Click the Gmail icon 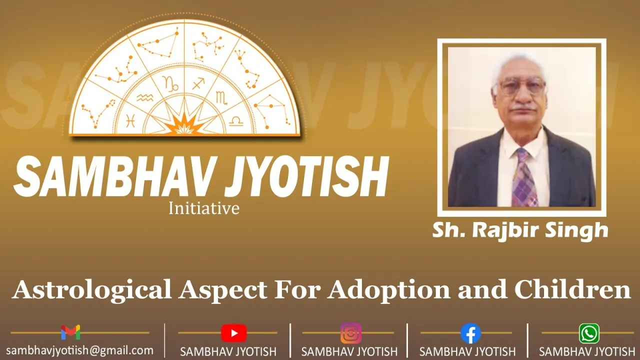70,332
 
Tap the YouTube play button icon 233,333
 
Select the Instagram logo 351,333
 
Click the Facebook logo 470,333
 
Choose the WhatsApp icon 589,333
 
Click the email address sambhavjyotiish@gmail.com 79,350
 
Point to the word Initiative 203,208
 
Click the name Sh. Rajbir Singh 520,230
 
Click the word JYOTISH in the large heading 307,177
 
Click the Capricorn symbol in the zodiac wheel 170,83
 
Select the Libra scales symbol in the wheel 236,121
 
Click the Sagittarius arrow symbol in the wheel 198,83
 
